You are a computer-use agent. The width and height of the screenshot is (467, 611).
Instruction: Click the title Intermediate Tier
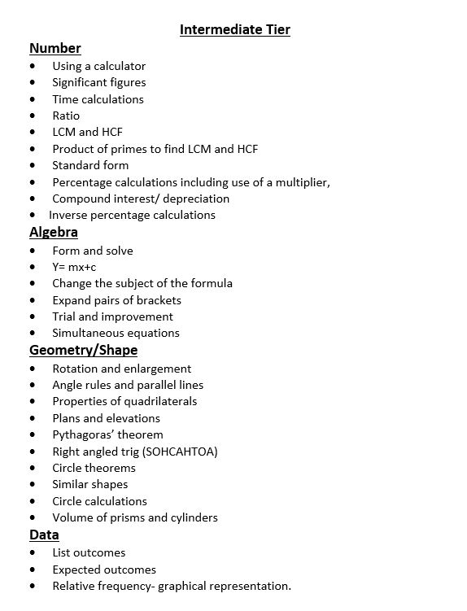234,30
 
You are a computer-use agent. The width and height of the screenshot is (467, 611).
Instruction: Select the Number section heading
55,48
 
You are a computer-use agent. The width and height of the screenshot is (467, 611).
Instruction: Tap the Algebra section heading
54,233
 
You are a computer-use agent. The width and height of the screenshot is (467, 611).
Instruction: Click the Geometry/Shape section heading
83,351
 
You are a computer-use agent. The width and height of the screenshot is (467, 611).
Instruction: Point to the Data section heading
44,535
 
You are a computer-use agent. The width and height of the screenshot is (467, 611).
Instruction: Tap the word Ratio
66,116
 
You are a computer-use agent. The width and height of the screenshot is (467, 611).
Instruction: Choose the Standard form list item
90,165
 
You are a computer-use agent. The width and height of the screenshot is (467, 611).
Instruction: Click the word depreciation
193,199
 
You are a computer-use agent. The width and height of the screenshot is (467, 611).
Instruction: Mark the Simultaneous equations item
116,333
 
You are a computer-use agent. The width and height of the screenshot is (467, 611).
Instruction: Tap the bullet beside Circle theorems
33,469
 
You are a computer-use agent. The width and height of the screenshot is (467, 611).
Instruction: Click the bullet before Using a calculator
33,67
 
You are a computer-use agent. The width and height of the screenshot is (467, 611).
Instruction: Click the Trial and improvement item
112,316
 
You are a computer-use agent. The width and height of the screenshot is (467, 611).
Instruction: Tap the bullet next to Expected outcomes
33,570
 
